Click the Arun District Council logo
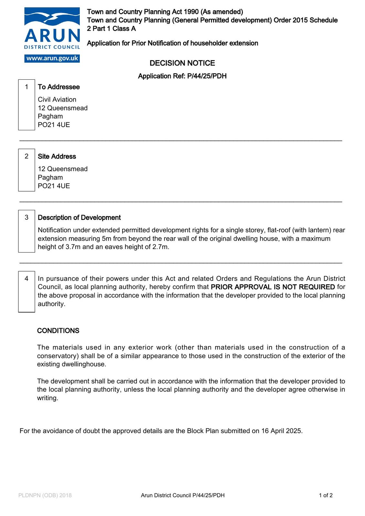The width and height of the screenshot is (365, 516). [x=52, y=29]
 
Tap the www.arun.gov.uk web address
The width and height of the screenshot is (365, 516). [x=52, y=58]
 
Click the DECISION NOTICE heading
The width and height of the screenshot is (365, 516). [x=182, y=63]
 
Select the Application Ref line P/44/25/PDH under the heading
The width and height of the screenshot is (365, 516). [x=182, y=76]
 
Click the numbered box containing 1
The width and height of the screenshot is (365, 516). [x=26, y=104]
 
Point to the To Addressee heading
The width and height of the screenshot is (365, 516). [x=59, y=87]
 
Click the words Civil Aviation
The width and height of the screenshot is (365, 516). [x=57, y=100]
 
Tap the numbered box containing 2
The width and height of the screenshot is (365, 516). [x=26, y=170]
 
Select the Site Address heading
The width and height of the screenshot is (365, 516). [x=57, y=156]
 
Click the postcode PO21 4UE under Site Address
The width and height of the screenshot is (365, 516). [x=54, y=186]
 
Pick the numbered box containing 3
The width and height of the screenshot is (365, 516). [x=26, y=231]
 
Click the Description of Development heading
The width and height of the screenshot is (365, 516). [x=79, y=218]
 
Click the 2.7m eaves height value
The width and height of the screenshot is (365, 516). [x=161, y=247]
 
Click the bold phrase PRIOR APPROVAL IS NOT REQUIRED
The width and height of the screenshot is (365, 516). [x=273, y=287]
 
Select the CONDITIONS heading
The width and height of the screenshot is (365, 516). [x=58, y=331]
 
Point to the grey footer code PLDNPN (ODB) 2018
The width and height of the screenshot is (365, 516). [x=45, y=495]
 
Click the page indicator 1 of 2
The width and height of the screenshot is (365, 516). [x=326, y=495]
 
